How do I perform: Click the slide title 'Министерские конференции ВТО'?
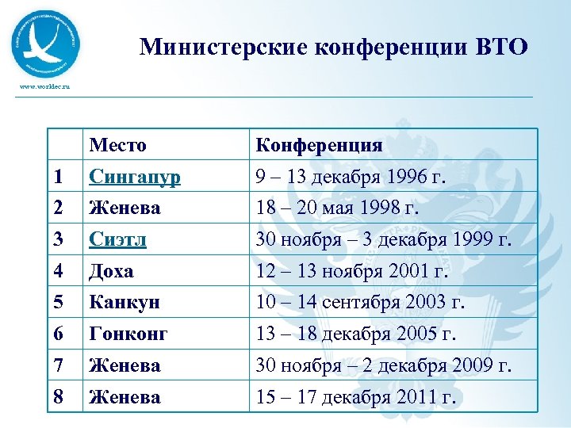333,48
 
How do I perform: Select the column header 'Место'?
118,145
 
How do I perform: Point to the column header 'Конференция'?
319,145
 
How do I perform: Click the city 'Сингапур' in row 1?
135,177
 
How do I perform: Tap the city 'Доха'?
112,271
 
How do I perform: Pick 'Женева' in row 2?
125,208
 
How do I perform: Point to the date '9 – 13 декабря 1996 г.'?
351,177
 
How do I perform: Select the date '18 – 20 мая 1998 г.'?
337,208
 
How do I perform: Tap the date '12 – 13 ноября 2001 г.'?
351,271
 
